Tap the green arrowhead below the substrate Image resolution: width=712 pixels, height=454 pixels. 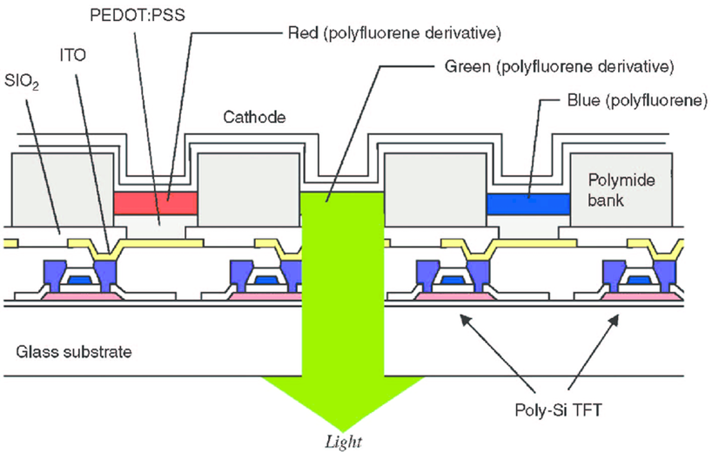[342, 400]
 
